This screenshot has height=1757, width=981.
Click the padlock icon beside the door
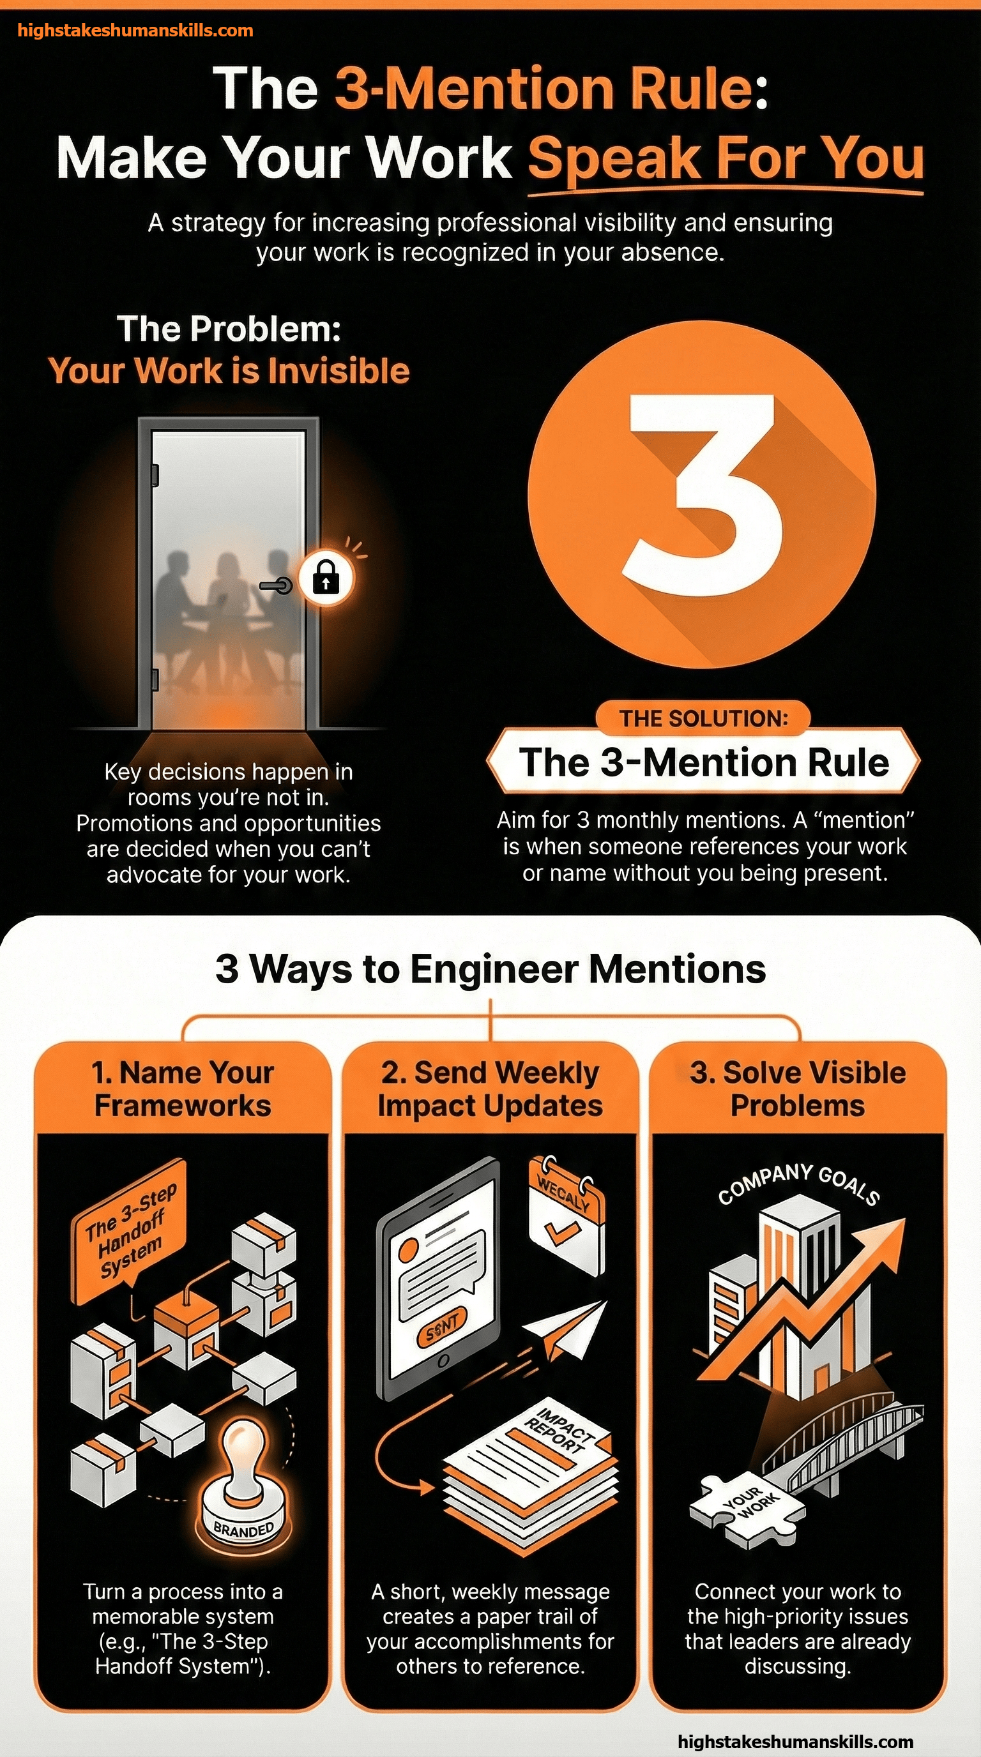(326, 578)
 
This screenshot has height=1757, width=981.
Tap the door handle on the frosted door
(277, 585)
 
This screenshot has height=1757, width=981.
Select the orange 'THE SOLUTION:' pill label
(703, 718)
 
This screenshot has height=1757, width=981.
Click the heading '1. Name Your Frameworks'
(183, 1089)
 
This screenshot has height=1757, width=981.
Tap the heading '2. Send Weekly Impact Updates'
(490, 1089)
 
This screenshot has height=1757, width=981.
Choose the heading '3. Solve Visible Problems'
(798, 1089)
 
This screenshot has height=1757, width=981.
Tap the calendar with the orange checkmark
(567, 1212)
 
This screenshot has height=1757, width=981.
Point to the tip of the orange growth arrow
(905, 1220)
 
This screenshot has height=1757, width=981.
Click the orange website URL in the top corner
(135, 31)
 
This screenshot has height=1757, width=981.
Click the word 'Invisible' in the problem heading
(338, 371)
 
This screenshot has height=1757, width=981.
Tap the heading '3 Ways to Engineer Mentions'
(490, 969)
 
